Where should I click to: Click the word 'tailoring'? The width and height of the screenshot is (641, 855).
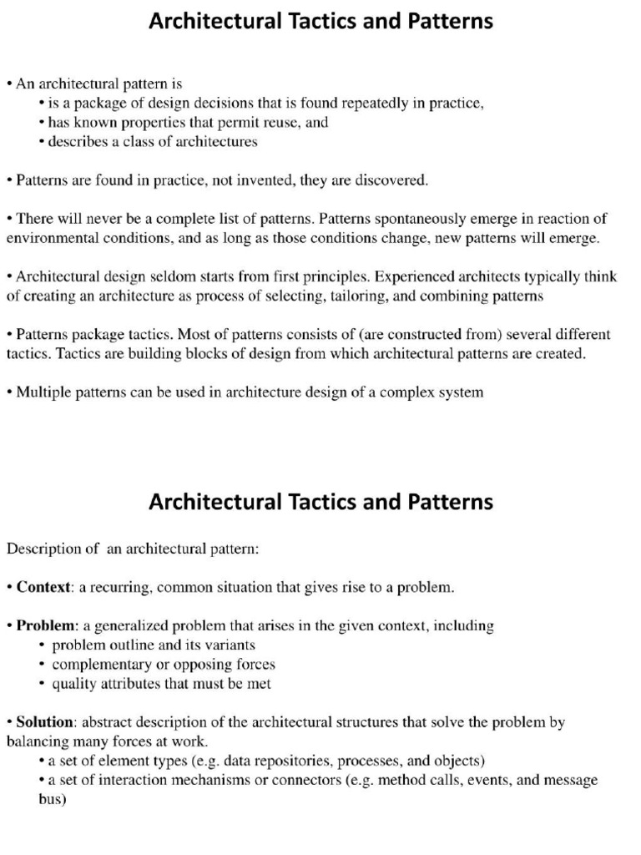tap(344, 296)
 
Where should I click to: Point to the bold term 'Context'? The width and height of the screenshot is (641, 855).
tap(43, 587)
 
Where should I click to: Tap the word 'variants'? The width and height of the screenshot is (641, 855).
tap(229, 645)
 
